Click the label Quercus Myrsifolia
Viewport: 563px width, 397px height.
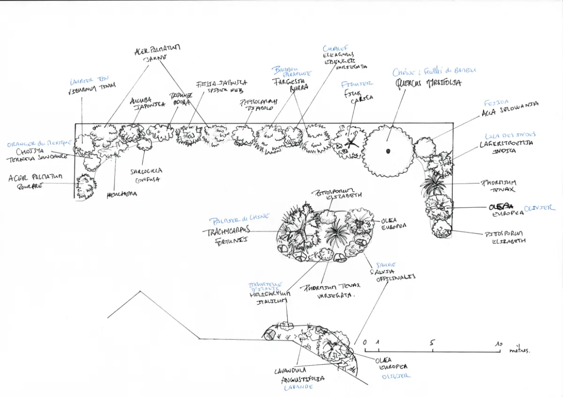(428, 83)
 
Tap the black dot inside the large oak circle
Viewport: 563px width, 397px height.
(389, 150)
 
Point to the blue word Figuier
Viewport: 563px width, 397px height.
(358, 83)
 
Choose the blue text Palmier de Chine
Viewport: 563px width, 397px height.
(239, 218)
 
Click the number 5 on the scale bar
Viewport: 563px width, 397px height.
(432, 342)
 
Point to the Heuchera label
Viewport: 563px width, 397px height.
(122, 194)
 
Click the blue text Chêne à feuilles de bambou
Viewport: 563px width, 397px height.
(434, 71)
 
